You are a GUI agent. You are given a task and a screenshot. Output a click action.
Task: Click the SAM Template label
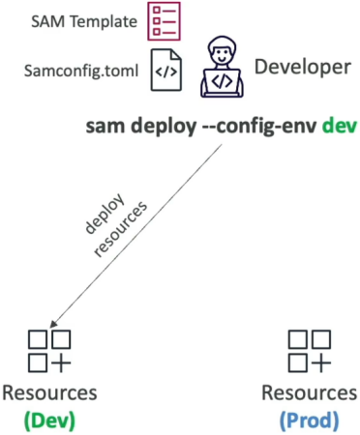(84, 22)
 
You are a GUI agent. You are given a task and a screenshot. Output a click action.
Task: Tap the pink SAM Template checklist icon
(164, 21)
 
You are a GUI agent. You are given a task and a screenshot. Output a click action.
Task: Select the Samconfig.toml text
(81, 71)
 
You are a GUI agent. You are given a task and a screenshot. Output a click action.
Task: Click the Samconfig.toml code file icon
(166, 70)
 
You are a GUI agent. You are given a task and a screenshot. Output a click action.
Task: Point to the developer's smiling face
(222, 54)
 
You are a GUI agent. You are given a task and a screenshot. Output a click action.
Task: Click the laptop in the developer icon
(222, 82)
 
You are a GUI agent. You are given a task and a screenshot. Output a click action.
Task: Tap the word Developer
(303, 68)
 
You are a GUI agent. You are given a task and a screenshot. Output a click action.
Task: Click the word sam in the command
(105, 127)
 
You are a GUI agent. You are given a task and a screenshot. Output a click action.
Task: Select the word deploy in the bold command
(164, 127)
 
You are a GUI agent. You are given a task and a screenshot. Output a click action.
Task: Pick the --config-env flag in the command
(259, 127)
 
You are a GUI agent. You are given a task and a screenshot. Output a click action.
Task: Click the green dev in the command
(340, 126)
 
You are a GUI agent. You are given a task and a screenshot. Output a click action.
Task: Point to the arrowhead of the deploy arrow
(52, 325)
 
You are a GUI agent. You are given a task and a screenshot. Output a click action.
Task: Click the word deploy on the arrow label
(105, 213)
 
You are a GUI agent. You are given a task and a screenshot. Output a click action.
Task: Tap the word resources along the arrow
(120, 229)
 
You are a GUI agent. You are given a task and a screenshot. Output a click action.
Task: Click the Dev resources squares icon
(49, 351)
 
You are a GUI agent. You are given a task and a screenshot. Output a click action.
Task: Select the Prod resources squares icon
(310, 351)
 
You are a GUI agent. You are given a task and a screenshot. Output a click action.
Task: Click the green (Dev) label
(49, 420)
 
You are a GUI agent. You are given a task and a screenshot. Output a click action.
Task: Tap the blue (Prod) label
(310, 420)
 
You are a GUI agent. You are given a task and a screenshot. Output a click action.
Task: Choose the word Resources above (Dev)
(49, 393)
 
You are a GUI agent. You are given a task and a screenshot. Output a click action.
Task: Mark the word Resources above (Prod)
(310, 393)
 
